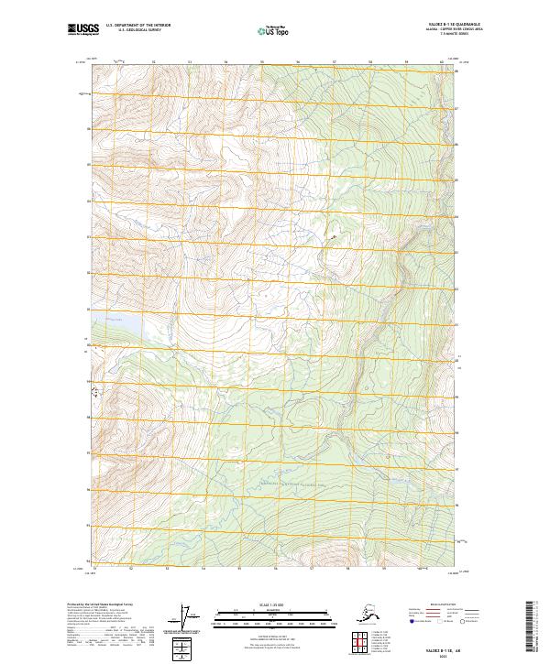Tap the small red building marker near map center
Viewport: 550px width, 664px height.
[x=334, y=237]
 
